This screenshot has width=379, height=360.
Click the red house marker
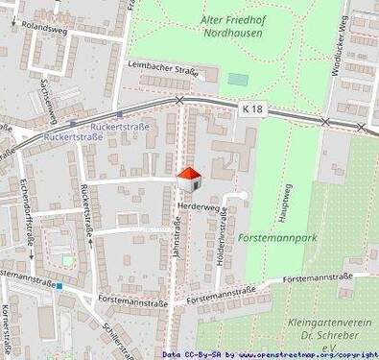190,178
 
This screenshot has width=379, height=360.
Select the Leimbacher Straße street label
162,70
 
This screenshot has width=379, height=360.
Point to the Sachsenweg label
43,96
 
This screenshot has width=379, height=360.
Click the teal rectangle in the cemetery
238,79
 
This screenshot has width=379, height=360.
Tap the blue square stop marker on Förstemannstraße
59,285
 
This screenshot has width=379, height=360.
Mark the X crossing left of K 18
179,100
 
